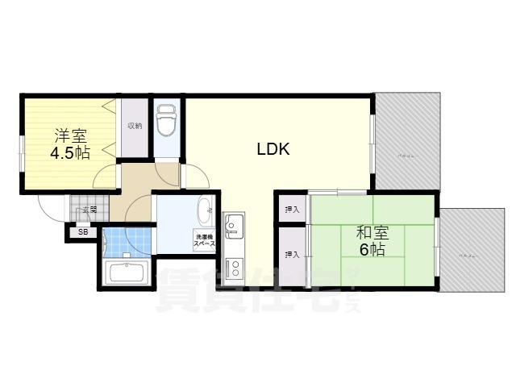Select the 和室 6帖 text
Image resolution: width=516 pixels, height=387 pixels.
(372, 241)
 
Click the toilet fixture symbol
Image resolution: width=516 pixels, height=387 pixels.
(166, 121)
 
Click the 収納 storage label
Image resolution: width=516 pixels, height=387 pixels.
(135, 126)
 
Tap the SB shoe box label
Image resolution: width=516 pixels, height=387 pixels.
(82, 232)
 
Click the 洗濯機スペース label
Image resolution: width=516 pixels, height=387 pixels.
(203, 239)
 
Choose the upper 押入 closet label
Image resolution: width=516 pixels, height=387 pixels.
(291, 210)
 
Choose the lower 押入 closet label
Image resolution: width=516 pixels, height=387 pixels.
(291, 255)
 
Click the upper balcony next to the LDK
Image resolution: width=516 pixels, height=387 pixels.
(407, 142)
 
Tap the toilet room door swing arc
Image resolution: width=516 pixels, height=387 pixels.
(166, 171)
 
